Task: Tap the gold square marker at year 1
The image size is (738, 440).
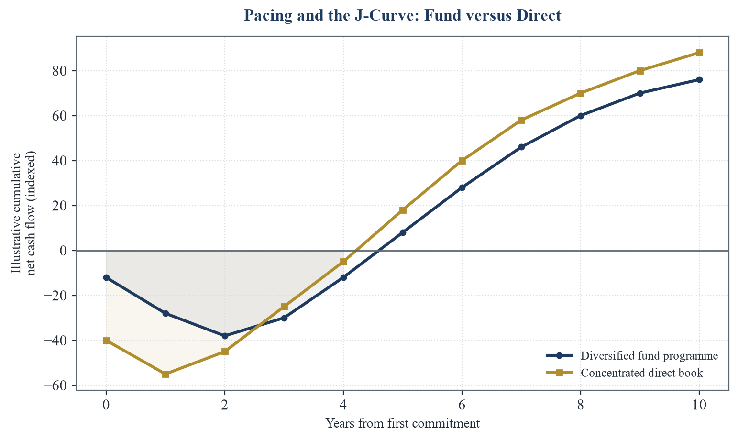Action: (165, 374)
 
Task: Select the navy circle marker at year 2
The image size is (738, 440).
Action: (225, 336)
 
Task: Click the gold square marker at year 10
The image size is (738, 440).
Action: (699, 53)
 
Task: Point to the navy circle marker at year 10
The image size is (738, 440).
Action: (699, 80)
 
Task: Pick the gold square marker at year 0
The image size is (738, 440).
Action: (106, 341)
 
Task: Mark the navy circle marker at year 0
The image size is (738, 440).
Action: (106, 278)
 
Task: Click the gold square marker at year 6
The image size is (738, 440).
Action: (462, 161)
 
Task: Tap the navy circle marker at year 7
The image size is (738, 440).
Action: (521, 147)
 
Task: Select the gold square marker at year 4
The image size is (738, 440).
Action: (343, 262)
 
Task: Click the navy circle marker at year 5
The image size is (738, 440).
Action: (403, 232)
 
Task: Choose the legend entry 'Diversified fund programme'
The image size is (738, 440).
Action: (632, 356)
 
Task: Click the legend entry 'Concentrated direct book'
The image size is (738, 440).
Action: (624, 373)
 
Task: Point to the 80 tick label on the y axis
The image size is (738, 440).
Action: (60, 71)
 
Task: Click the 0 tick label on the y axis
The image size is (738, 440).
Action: (64, 251)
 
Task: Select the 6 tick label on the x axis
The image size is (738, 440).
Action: (462, 405)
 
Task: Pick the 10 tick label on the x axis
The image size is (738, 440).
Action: (699, 405)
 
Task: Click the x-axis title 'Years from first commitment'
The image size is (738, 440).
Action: (403, 424)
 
